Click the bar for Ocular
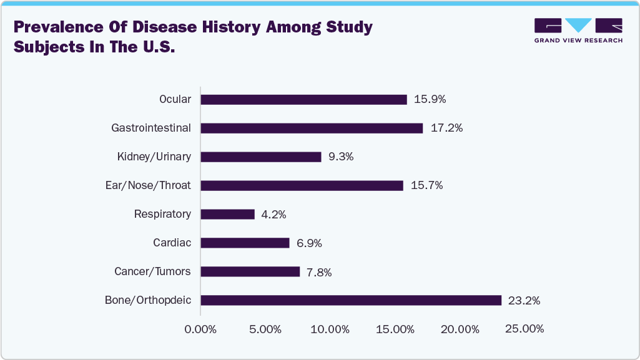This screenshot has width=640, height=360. [x=303, y=99]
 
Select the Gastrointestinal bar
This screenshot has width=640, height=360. [x=312, y=128]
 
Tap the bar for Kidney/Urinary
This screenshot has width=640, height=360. [x=261, y=157]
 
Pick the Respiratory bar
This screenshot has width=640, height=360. [x=228, y=214]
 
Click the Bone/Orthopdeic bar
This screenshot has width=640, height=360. [x=351, y=300]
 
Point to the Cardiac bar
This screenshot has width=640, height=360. [x=245, y=243]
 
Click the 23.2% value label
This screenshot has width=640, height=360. [x=524, y=301]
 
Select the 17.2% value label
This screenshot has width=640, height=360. [x=446, y=128]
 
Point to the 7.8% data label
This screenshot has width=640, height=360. [x=318, y=272]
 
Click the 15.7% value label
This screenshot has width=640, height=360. [x=426, y=185]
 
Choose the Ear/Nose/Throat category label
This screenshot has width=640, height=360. [x=149, y=185]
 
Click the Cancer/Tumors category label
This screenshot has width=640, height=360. [x=152, y=271]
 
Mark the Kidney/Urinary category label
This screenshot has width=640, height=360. [x=154, y=157]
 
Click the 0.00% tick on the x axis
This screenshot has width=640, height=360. [x=200, y=329]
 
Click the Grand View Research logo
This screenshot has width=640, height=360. [x=578, y=31]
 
